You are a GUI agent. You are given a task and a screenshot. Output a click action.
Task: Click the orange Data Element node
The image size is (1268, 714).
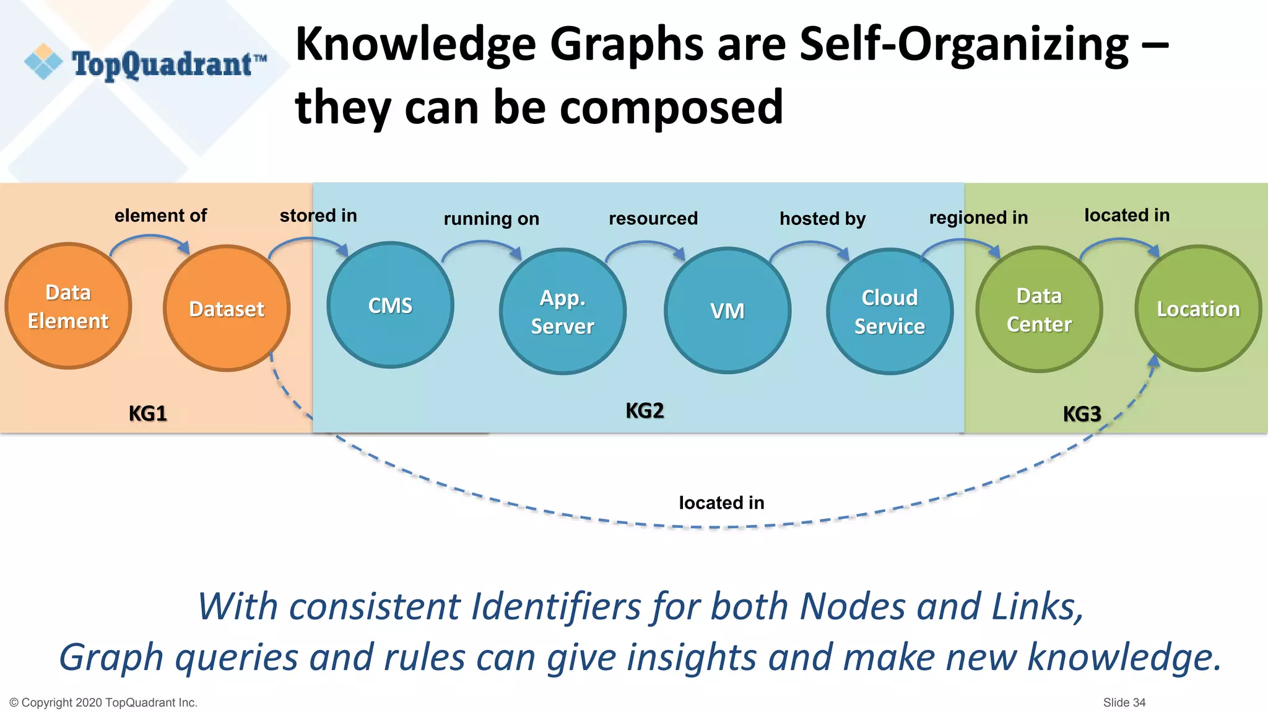coord(68,306)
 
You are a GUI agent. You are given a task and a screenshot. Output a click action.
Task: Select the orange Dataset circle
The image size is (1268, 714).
coord(227,309)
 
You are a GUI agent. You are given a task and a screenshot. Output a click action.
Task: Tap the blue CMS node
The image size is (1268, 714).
coord(390,305)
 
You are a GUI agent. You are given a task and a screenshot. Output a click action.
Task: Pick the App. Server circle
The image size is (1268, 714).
coord(562,311)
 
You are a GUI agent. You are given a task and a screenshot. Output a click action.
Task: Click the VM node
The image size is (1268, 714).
coord(727,311)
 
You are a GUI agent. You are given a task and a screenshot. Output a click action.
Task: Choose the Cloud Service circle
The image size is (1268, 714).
coord(890,311)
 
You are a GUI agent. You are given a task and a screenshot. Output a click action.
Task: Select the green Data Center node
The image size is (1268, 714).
coord(1039,309)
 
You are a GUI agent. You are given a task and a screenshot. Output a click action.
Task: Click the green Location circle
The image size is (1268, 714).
coord(1198,309)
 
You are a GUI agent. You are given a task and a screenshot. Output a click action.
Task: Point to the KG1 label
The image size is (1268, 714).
coord(147,413)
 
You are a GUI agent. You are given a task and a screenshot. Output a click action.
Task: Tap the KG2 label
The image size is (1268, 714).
coord(645,410)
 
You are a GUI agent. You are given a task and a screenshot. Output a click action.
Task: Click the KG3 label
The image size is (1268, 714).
coord(1082,413)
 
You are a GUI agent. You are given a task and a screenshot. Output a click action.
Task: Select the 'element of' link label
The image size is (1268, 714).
coord(160,216)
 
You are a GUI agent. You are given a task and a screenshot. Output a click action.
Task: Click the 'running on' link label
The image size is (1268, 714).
coord(491,219)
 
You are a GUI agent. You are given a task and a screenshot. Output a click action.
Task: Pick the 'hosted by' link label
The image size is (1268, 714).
coord(822,219)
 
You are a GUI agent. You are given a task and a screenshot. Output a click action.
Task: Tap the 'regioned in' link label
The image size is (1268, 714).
coord(978,218)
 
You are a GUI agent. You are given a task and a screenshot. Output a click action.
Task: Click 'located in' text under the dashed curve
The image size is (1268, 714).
coord(721,503)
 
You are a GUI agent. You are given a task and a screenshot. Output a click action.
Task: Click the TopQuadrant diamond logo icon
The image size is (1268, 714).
coord(43,62)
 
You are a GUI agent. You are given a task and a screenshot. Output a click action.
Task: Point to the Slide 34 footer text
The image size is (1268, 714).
coord(1124,702)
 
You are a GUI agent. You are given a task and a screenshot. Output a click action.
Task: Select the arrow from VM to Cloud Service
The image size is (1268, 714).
coord(810,245)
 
